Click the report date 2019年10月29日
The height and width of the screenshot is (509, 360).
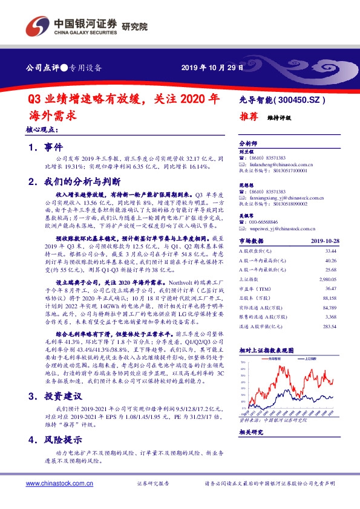point(212,67)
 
